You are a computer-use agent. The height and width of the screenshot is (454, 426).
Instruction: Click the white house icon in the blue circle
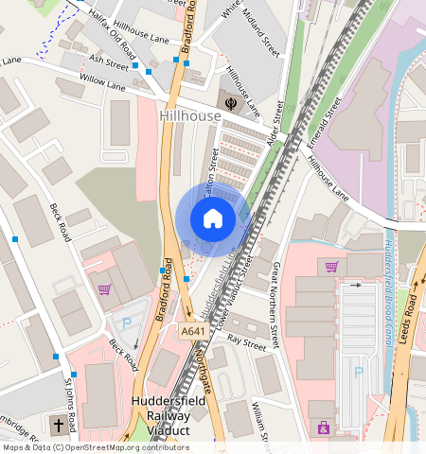tap(213, 219)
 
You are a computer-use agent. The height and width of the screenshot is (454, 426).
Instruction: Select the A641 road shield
tap(193, 332)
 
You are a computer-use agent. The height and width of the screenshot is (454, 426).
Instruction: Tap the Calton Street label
tap(212, 174)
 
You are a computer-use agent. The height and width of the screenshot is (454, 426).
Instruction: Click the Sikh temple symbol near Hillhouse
tap(229, 98)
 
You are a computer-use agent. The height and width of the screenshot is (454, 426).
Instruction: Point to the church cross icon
tap(59, 426)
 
